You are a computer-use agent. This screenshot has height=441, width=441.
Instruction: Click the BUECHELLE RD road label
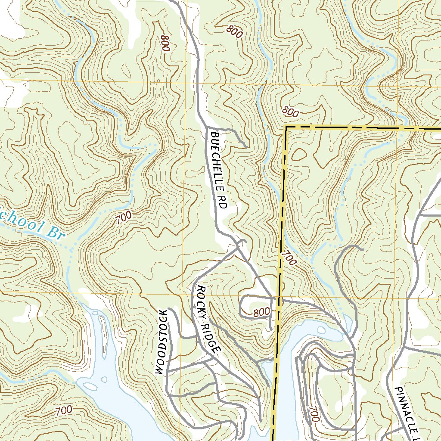218,171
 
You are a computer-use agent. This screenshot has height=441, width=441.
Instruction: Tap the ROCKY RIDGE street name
208,319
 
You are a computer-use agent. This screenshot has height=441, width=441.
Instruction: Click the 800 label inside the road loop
261,312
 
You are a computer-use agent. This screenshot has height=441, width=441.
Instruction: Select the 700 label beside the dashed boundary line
289,258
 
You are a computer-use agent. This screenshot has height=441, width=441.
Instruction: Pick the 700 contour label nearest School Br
124,218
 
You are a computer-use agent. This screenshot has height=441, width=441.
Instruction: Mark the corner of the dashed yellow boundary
286,127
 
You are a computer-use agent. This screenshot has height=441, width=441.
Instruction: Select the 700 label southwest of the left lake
64,410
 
